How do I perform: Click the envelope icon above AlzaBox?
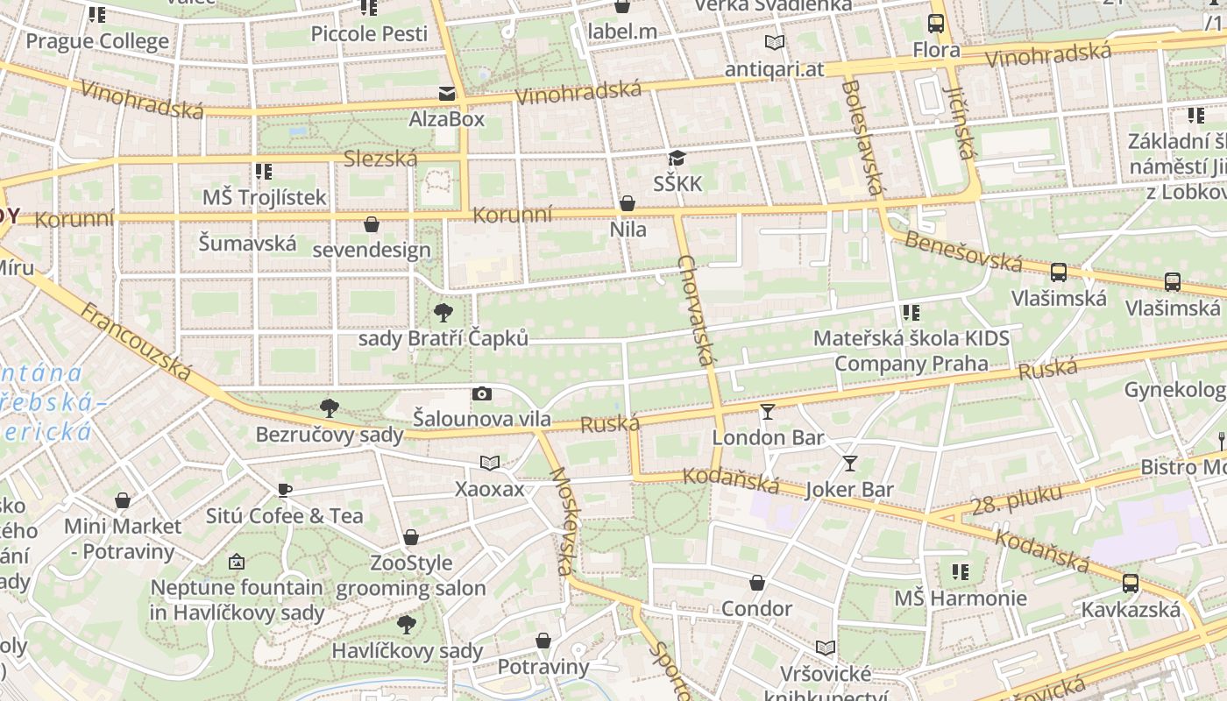click(447, 94)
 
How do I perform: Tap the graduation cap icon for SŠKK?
click(677, 159)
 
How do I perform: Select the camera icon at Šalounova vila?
click(481, 393)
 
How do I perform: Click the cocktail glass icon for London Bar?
click(768, 411)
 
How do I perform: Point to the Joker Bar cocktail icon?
click(849, 464)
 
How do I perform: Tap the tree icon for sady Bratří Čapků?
click(443, 312)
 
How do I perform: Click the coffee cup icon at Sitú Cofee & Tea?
click(284, 490)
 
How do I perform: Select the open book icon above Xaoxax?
click(489, 463)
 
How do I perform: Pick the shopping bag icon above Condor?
click(757, 583)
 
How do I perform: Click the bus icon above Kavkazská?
click(1131, 583)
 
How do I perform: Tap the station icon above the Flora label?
click(936, 24)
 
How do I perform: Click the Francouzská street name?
click(136, 342)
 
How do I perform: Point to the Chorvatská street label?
click(698, 311)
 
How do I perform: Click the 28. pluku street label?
click(1018, 500)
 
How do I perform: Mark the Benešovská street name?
click(963, 251)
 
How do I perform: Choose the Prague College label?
click(97, 41)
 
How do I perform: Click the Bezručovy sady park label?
click(330, 435)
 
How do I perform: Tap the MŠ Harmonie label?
click(961, 598)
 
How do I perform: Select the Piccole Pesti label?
click(370, 34)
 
